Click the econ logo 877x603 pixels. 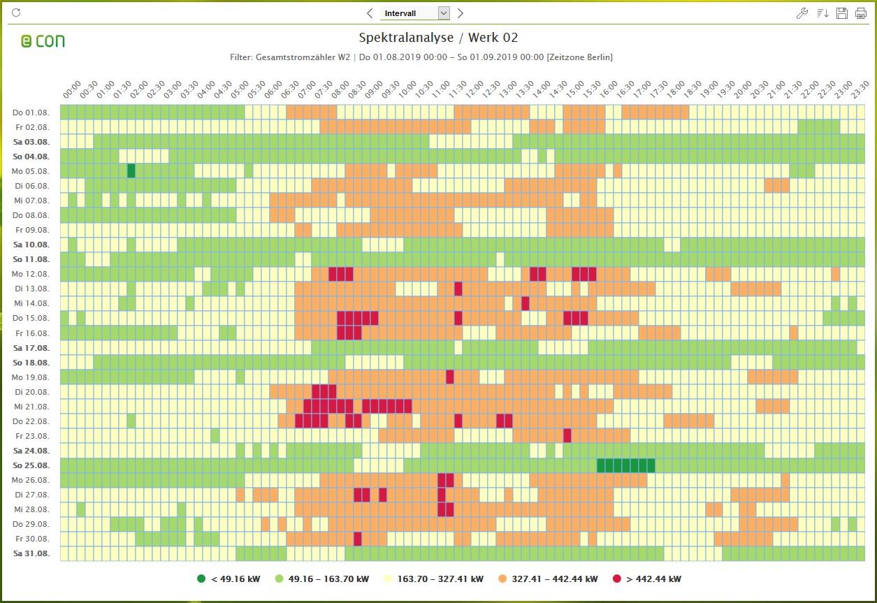43,41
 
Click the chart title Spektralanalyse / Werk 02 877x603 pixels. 438,38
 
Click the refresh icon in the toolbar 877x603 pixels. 17,13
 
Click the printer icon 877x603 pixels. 861,13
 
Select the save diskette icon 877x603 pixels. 842,13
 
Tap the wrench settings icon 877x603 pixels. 802,13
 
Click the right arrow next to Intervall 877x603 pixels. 460,13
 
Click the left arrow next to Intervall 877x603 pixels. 370,13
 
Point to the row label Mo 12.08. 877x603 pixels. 31,274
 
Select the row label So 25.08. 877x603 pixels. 31,465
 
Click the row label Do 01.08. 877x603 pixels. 31,112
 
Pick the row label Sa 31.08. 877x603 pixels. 31,553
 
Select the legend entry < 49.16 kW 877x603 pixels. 228,579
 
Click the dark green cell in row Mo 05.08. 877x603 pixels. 131,171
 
